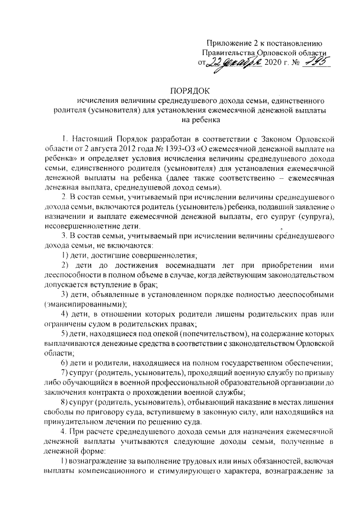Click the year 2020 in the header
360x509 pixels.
pyautogui.click(x=277, y=62)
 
